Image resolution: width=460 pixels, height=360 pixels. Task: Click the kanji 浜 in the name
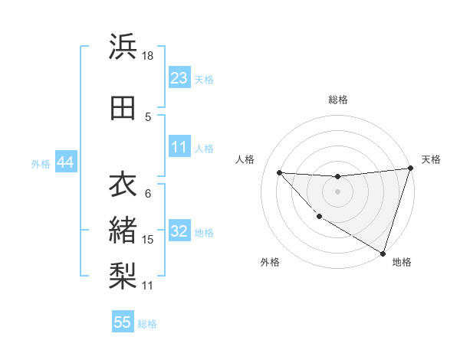coord(123,47)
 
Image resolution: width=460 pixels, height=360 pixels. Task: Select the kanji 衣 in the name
coord(123,185)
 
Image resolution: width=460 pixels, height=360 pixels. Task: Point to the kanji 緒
coord(123,230)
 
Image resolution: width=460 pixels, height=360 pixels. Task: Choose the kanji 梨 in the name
coord(123,275)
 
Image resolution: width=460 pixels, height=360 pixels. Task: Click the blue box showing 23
coord(179,78)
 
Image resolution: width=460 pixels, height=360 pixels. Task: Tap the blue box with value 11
coord(179,147)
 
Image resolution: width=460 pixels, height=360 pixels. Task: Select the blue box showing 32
coord(179,231)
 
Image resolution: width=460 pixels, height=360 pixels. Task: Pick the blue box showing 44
coord(64,162)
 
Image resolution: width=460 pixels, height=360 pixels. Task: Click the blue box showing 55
coord(123,322)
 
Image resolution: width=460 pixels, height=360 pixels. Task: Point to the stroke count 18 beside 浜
coord(148,56)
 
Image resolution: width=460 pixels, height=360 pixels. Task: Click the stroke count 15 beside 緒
coord(148,240)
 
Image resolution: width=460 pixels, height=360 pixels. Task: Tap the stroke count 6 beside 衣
coord(147,193)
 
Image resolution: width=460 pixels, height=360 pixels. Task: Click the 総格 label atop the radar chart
coord(337,100)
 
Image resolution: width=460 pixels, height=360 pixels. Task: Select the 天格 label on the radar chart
coord(431,159)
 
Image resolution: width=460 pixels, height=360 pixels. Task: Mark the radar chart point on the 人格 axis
coord(279,172)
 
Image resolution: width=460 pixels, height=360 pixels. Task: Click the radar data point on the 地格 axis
coord(383,252)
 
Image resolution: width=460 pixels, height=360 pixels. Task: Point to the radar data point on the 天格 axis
coord(409,169)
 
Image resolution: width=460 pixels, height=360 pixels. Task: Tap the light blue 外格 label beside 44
coord(41,163)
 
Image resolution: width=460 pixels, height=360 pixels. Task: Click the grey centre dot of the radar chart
coord(337,191)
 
